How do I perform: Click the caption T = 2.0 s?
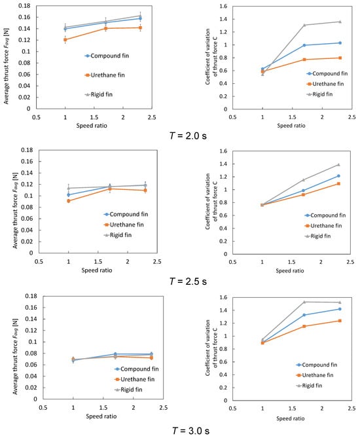tap(189, 136)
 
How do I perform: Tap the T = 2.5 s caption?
tap(189, 281)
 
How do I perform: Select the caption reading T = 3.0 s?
tap(190, 430)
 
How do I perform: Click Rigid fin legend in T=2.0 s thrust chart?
tap(99, 95)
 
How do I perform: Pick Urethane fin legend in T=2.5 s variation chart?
tap(323, 226)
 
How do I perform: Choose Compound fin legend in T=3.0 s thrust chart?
tap(137, 369)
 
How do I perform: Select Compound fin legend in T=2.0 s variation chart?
tap(327, 73)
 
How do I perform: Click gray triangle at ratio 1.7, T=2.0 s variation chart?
tap(304, 25)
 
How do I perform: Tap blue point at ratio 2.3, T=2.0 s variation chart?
tap(340, 43)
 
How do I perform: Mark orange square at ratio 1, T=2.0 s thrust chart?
tap(65, 40)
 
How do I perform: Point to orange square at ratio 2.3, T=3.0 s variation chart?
tap(340, 321)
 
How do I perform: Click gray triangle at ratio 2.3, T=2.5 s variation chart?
tap(338, 164)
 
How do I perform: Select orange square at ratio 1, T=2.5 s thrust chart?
tap(69, 201)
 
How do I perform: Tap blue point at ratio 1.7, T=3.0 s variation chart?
tap(304, 315)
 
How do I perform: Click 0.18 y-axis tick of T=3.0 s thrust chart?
tap(31, 296)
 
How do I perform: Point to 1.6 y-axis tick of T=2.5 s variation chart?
tap(224, 151)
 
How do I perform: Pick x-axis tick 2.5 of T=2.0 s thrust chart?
tap(152, 117)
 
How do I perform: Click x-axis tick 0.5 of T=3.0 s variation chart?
tap(232, 409)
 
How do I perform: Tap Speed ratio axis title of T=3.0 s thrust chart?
tap(101, 416)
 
